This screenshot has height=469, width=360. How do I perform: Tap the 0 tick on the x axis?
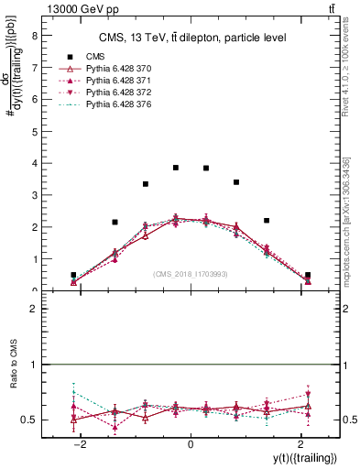[191, 443]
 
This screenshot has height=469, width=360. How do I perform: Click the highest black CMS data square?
[176, 168]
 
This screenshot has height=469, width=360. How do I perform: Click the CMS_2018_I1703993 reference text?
[190, 274]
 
